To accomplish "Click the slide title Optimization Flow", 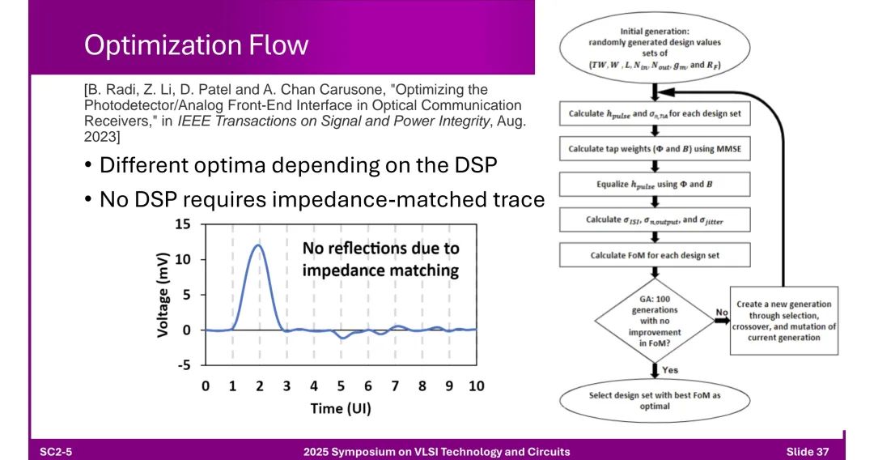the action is pos(196,45).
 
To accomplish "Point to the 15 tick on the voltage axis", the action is pos(183,224).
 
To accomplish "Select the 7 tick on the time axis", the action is pos(395,385).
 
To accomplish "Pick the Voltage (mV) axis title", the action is pos(162,295).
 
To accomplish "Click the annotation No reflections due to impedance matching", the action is pos(380,259).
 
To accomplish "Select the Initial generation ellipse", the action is pos(655,48).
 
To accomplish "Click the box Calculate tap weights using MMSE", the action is pos(655,149).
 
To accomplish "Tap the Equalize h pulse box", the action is pos(655,184).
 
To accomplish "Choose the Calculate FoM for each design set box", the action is pos(655,255).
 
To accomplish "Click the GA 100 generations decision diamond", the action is pos(655,322).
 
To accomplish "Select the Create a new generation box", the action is pos(783,321).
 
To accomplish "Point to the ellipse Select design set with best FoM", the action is pos(655,401).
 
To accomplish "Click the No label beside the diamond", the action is pos(721,313).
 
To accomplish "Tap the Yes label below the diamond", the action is pos(670,369).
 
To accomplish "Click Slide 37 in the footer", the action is pos(807,452).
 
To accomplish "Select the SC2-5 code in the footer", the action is pos(56,452).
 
